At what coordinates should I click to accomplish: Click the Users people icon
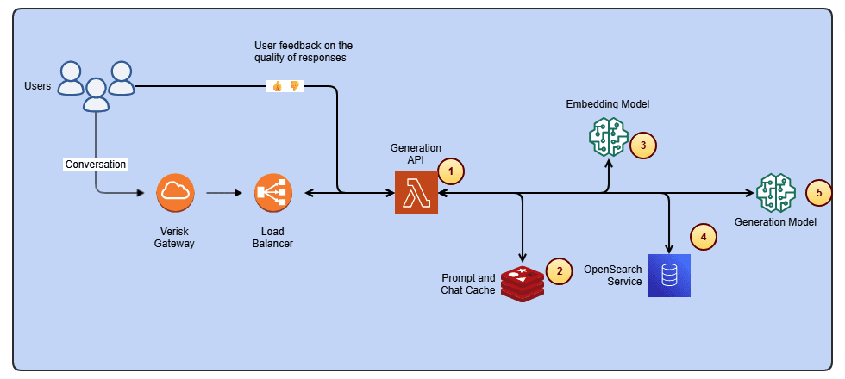pyautogui.click(x=96, y=85)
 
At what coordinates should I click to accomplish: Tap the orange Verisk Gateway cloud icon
pyautogui.click(x=176, y=194)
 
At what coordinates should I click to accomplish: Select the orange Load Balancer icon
pyautogui.click(x=274, y=194)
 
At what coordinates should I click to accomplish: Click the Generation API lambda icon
pyautogui.click(x=416, y=193)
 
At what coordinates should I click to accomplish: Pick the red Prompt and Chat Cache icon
pyautogui.click(x=523, y=283)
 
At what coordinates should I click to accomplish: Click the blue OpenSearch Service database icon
pyautogui.click(x=669, y=276)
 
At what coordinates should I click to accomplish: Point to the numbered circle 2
pyautogui.click(x=560, y=271)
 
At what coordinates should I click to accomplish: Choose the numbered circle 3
pyautogui.click(x=643, y=145)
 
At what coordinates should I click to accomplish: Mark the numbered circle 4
pyautogui.click(x=704, y=235)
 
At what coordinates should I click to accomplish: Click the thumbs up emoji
pyautogui.click(x=277, y=86)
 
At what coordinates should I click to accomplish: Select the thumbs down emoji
pyautogui.click(x=294, y=86)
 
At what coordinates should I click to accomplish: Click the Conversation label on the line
pyautogui.click(x=96, y=164)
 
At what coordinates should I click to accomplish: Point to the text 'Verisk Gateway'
pyautogui.click(x=175, y=238)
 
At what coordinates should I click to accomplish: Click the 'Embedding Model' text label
pyautogui.click(x=607, y=104)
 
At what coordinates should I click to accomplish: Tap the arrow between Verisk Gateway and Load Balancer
pyautogui.click(x=223, y=194)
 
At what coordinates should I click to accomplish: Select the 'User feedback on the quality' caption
pyautogui.click(x=304, y=52)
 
